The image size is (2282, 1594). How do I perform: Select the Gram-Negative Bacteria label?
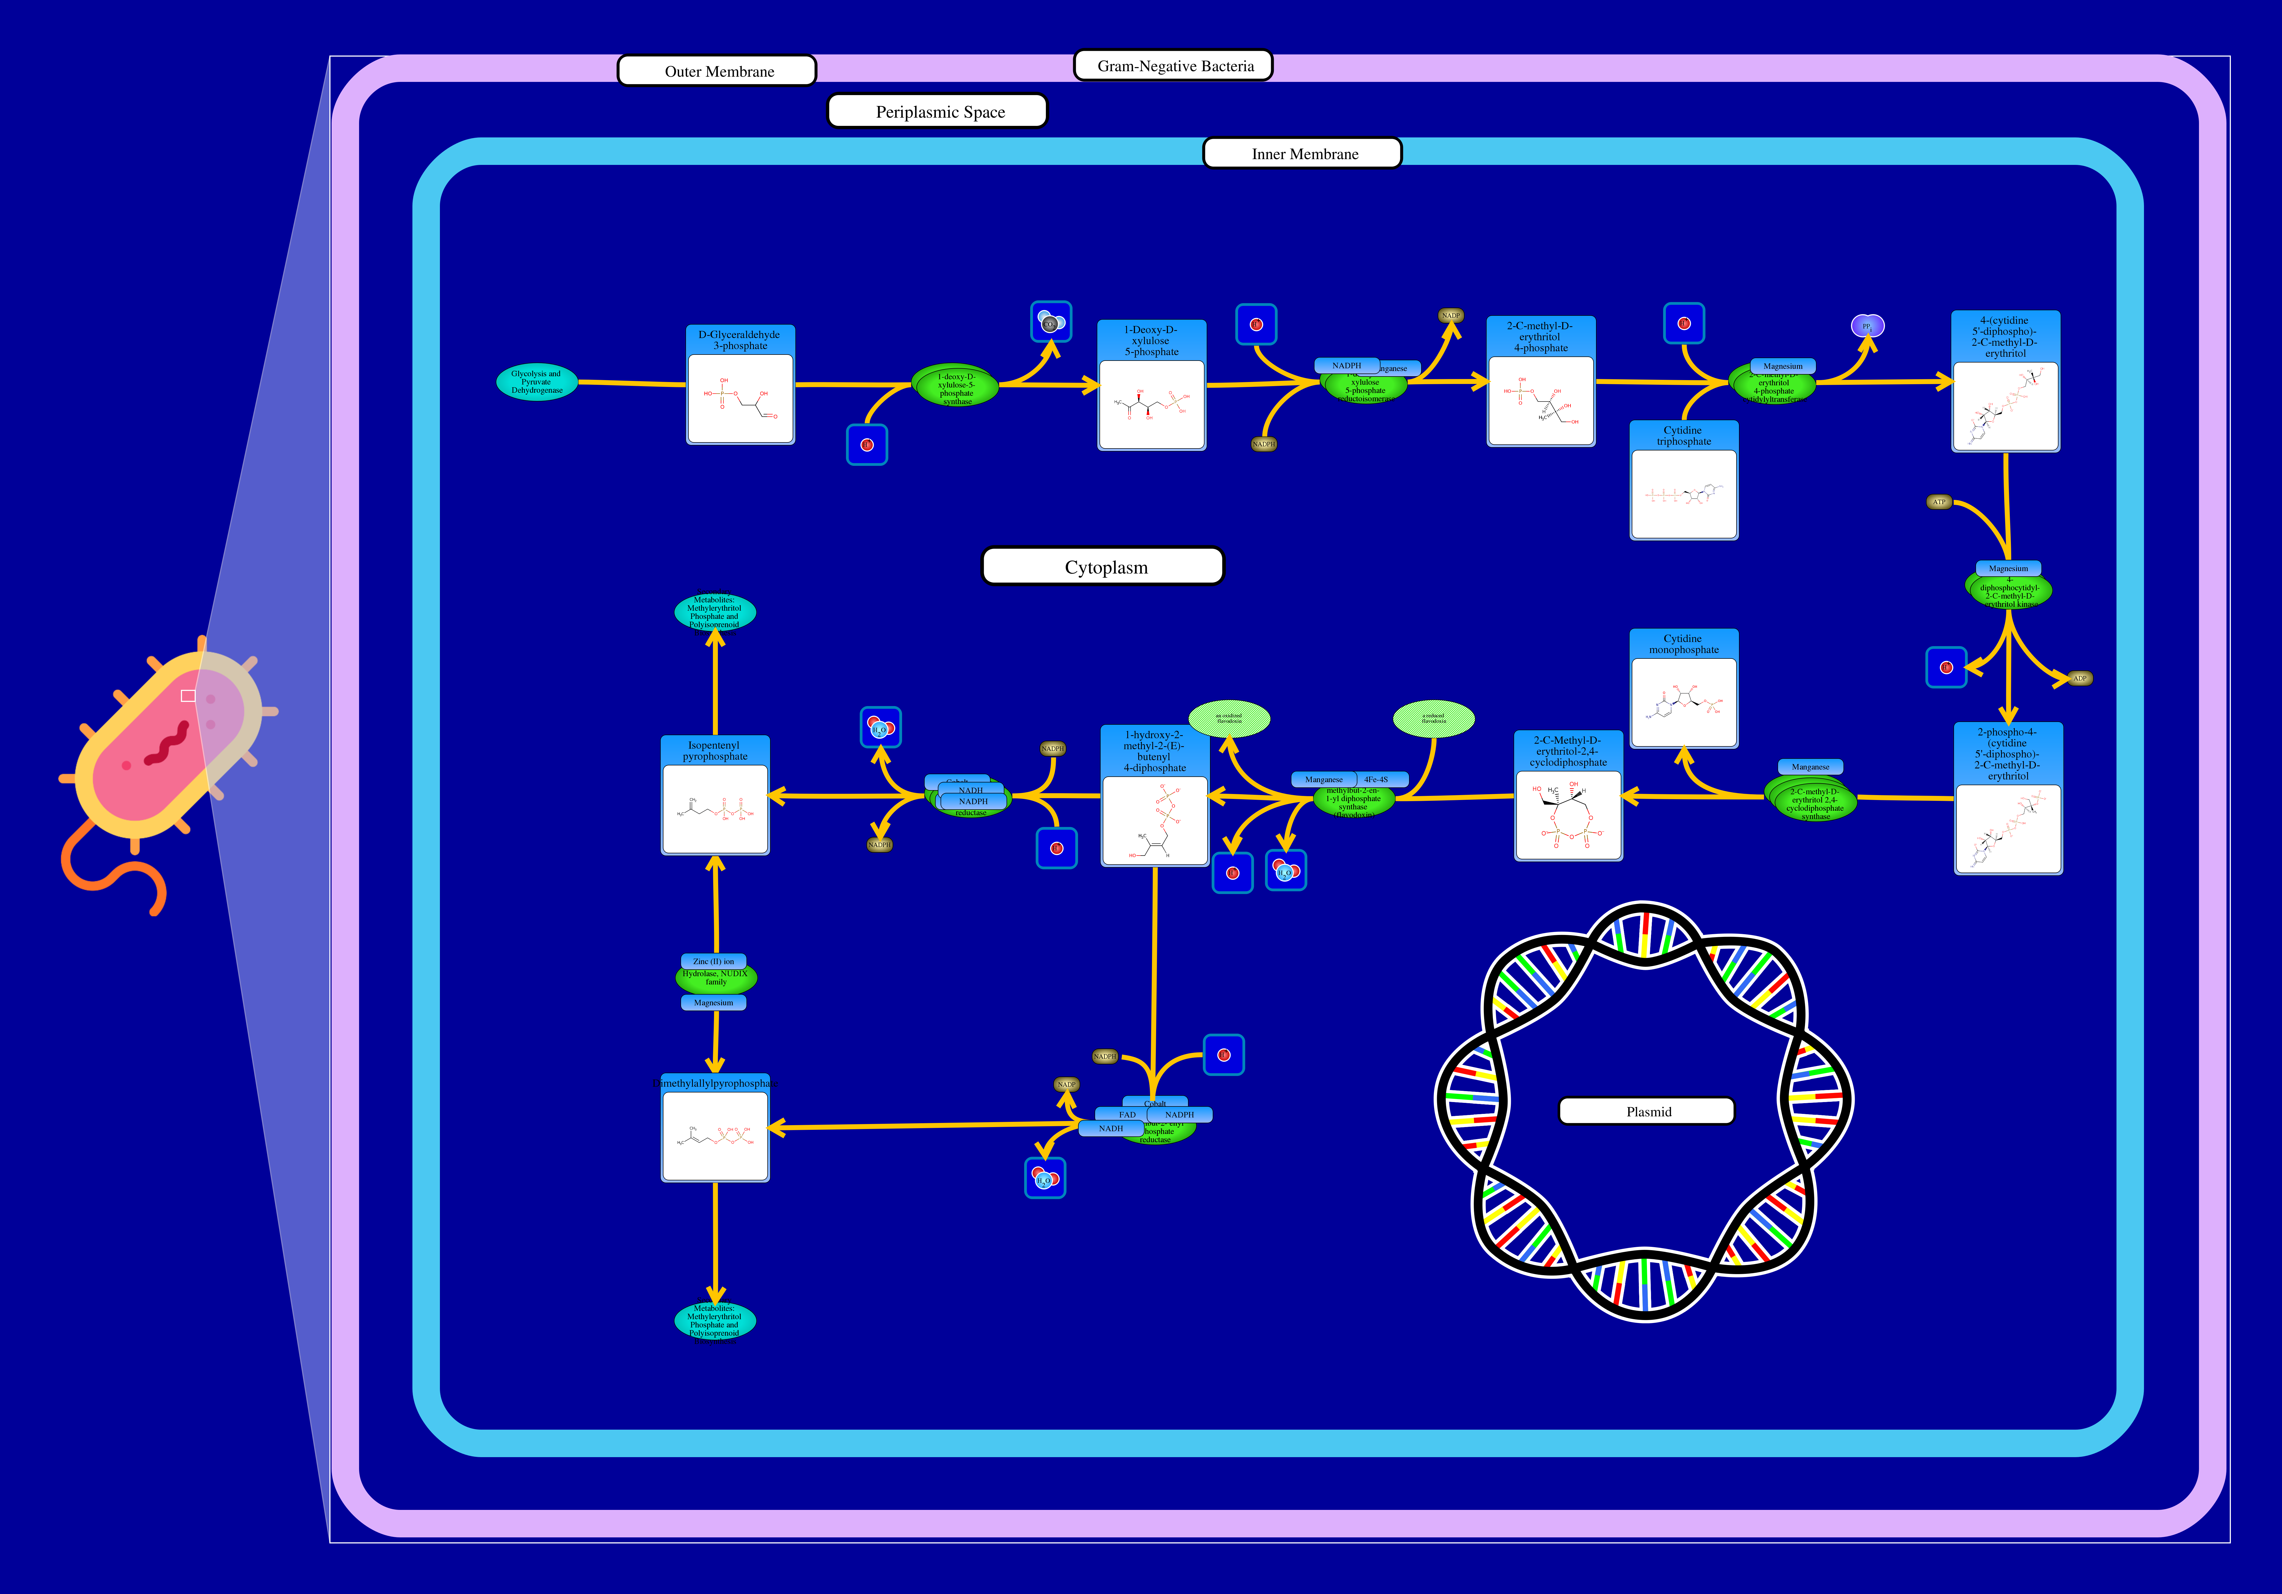(1174, 66)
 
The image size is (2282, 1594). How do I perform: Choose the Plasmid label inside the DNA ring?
(1647, 1111)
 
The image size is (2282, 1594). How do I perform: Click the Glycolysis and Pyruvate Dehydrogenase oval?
(537, 382)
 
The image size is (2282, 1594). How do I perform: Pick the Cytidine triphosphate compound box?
(1684, 480)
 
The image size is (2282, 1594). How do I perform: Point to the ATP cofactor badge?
(1939, 502)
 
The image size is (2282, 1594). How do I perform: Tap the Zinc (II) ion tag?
(714, 961)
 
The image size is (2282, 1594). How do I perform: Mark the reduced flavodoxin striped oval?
(1433, 718)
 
